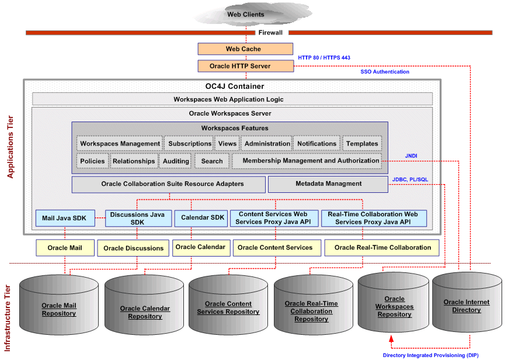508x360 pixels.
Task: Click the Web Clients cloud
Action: [x=245, y=15]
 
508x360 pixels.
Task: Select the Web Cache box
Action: [x=245, y=49]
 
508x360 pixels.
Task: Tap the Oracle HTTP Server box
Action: [x=245, y=66]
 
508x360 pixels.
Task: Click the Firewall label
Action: [x=270, y=33]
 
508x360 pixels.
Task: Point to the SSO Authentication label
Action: [x=385, y=72]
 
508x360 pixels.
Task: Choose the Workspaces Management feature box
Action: [x=120, y=144]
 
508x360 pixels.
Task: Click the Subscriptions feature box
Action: [x=190, y=144]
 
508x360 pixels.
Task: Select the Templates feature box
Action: [x=362, y=144]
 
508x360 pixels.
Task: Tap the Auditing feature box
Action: [x=176, y=161]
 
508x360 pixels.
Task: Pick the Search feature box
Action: [x=212, y=161]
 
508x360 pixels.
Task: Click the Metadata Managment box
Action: [x=328, y=184]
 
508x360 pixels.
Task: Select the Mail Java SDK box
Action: [x=64, y=219]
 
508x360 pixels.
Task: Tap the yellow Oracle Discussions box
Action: [x=133, y=248]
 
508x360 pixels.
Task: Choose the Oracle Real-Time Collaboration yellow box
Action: [x=382, y=248]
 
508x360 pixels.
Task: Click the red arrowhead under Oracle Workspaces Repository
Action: [x=391, y=338]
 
